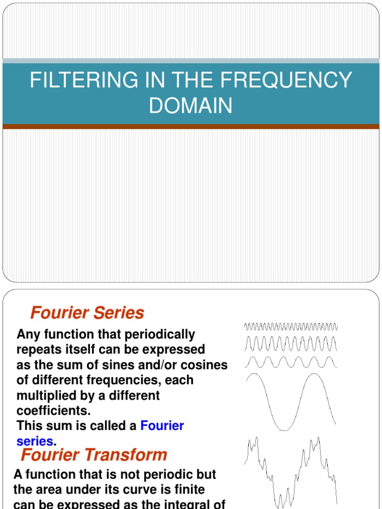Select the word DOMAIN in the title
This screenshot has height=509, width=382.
tap(191, 106)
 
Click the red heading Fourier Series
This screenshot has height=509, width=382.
tap(87, 313)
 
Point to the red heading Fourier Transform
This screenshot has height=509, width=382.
tap(94, 454)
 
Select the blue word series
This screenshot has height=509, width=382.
tap(35, 441)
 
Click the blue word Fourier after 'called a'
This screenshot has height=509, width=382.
tap(162, 426)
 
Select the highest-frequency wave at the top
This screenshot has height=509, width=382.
tap(290, 327)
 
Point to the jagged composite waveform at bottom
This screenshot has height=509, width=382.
tap(290, 472)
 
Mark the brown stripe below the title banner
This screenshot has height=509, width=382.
tap(191, 127)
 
